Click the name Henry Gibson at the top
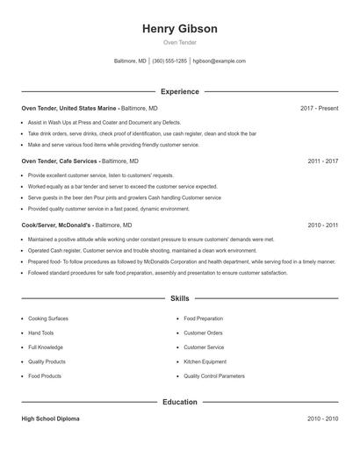tap(179, 29)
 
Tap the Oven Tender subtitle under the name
tap(179, 42)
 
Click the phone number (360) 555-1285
tap(169, 61)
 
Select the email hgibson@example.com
tap(219, 61)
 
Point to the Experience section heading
tap(179, 91)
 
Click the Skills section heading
tap(179, 299)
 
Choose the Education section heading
tap(179, 402)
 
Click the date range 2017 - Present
tap(319, 108)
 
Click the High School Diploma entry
tap(50, 418)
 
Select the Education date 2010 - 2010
tap(322, 418)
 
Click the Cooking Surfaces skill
tap(47, 318)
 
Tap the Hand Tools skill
tap(40, 333)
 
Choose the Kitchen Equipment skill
tap(205, 361)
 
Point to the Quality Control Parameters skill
tap(214, 376)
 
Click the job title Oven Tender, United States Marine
tap(68, 108)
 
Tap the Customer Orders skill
tap(203, 333)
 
